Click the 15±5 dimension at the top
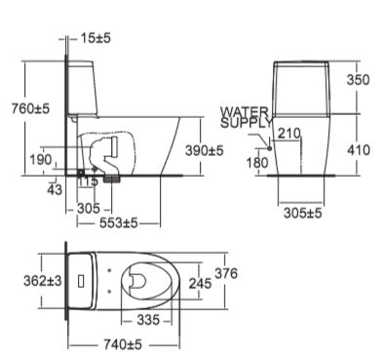(x=96, y=38)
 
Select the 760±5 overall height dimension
(x=30, y=108)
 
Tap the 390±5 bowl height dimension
(x=205, y=150)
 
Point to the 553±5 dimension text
(x=119, y=223)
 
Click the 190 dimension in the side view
(x=41, y=160)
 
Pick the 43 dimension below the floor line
(x=55, y=189)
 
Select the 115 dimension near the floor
(x=88, y=180)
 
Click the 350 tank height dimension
(x=358, y=80)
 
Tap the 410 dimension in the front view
(x=359, y=150)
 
